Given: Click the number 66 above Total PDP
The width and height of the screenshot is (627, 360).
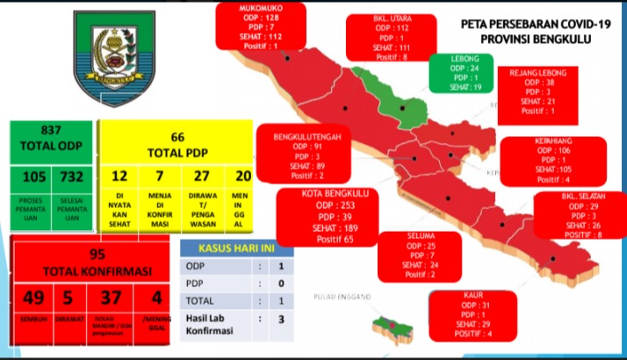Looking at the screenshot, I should [177, 137].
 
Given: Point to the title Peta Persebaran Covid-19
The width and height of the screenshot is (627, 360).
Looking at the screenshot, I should [524, 25].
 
